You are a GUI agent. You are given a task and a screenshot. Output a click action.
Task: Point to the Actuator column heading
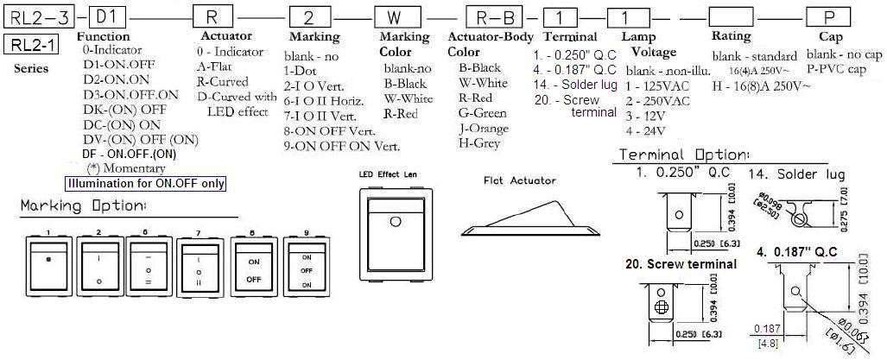click(226, 36)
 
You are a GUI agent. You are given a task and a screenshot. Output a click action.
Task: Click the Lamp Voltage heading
click(643, 44)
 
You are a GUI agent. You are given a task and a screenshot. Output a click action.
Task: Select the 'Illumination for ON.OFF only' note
click(146, 183)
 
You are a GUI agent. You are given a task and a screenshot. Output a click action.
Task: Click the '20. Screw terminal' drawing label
click(681, 264)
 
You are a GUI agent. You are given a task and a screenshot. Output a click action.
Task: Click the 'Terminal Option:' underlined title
click(677, 155)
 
